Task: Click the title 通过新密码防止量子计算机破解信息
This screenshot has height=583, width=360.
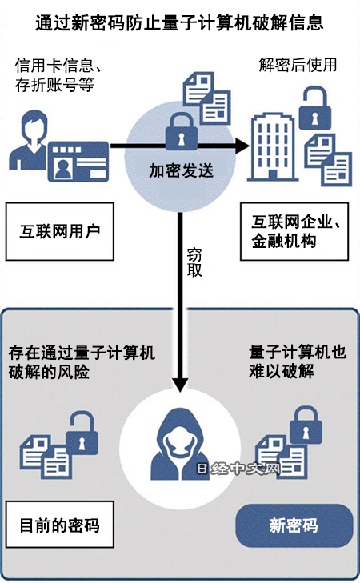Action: pos(180,22)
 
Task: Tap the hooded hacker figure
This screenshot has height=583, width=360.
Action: pos(180,445)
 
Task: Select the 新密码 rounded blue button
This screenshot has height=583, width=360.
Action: pos(294,525)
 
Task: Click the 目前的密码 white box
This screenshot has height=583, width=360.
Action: pos(59,525)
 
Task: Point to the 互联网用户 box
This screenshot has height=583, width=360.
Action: pos(59,231)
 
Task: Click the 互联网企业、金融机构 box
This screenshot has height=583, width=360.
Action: pos(294,231)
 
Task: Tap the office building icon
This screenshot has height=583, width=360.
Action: pos(274,147)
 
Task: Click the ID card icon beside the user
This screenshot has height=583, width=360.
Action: pos(78,162)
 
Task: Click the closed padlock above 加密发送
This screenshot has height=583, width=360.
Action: pos(181,131)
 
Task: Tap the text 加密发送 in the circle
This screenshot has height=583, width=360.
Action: pos(181,170)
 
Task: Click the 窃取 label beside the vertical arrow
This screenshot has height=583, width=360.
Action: pos(194,262)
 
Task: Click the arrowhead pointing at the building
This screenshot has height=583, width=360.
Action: pos(242,146)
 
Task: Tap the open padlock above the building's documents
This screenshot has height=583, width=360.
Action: pos(315,108)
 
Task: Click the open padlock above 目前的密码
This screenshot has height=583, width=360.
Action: pos(82,433)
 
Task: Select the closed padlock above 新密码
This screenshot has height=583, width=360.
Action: pos(306,425)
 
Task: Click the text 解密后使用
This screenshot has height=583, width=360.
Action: pos(298,64)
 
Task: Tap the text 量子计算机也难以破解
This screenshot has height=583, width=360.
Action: pos(298,361)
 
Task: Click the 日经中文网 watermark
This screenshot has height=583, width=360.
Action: pos(238,469)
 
